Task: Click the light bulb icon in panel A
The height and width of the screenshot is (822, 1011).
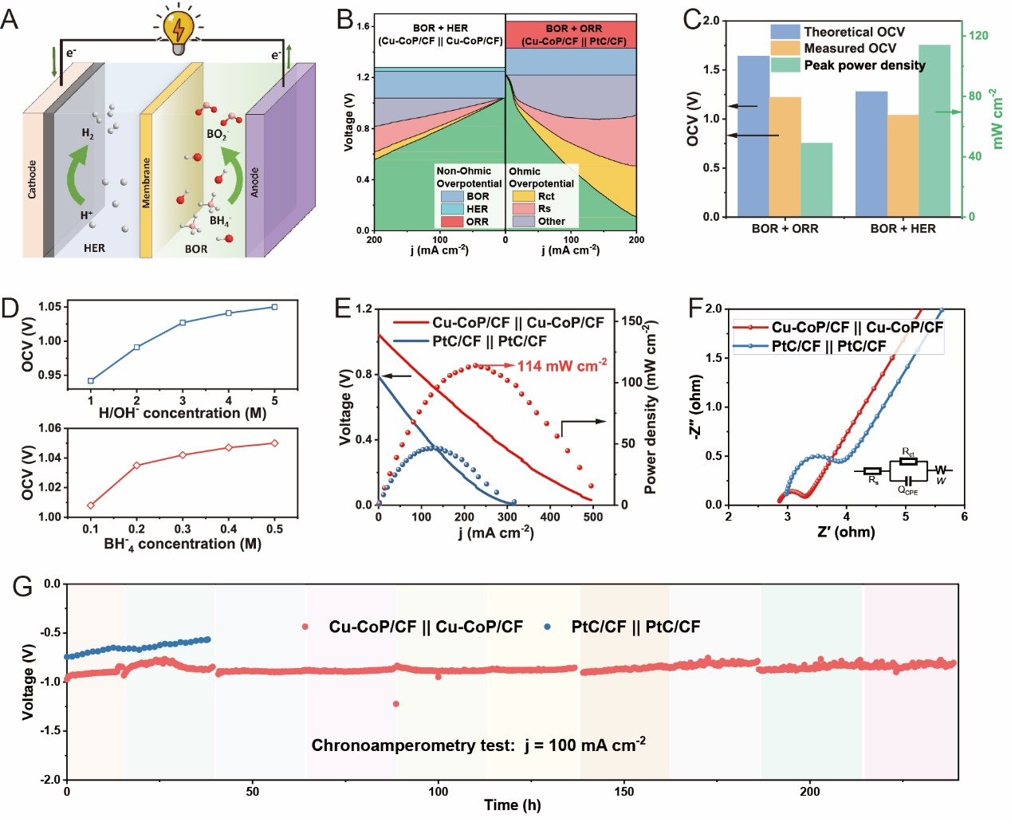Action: (178, 29)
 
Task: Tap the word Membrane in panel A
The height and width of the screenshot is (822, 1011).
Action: (146, 183)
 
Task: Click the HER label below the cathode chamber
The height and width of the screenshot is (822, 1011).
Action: (94, 248)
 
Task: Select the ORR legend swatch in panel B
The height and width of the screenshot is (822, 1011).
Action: (452, 222)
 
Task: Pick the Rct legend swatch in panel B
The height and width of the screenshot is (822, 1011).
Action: (523, 196)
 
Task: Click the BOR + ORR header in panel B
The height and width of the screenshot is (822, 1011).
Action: (573, 29)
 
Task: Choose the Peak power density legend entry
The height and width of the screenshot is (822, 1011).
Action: (864, 65)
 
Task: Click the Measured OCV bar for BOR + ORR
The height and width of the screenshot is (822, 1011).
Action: (785, 156)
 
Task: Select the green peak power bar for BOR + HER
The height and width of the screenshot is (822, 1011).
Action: (934, 131)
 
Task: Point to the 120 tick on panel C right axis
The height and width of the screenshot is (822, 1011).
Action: (978, 35)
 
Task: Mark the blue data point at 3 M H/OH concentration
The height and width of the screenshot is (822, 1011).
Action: (183, 323)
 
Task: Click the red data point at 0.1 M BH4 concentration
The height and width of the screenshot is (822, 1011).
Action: (91, 505)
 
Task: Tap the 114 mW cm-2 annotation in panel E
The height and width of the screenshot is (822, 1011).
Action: (562, 366)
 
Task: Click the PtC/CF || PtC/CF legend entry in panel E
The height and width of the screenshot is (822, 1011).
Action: (489, 341)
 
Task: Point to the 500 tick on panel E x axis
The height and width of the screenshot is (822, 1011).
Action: (593, 517)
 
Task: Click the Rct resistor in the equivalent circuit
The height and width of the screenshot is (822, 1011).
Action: (907, 461)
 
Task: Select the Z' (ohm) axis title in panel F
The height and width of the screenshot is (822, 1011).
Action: (846, 532)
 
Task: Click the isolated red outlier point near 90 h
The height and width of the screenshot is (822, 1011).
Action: (396, 704)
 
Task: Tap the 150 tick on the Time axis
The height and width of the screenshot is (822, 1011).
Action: (624, 792)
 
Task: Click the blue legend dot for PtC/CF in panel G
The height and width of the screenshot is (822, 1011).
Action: (548, 627)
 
